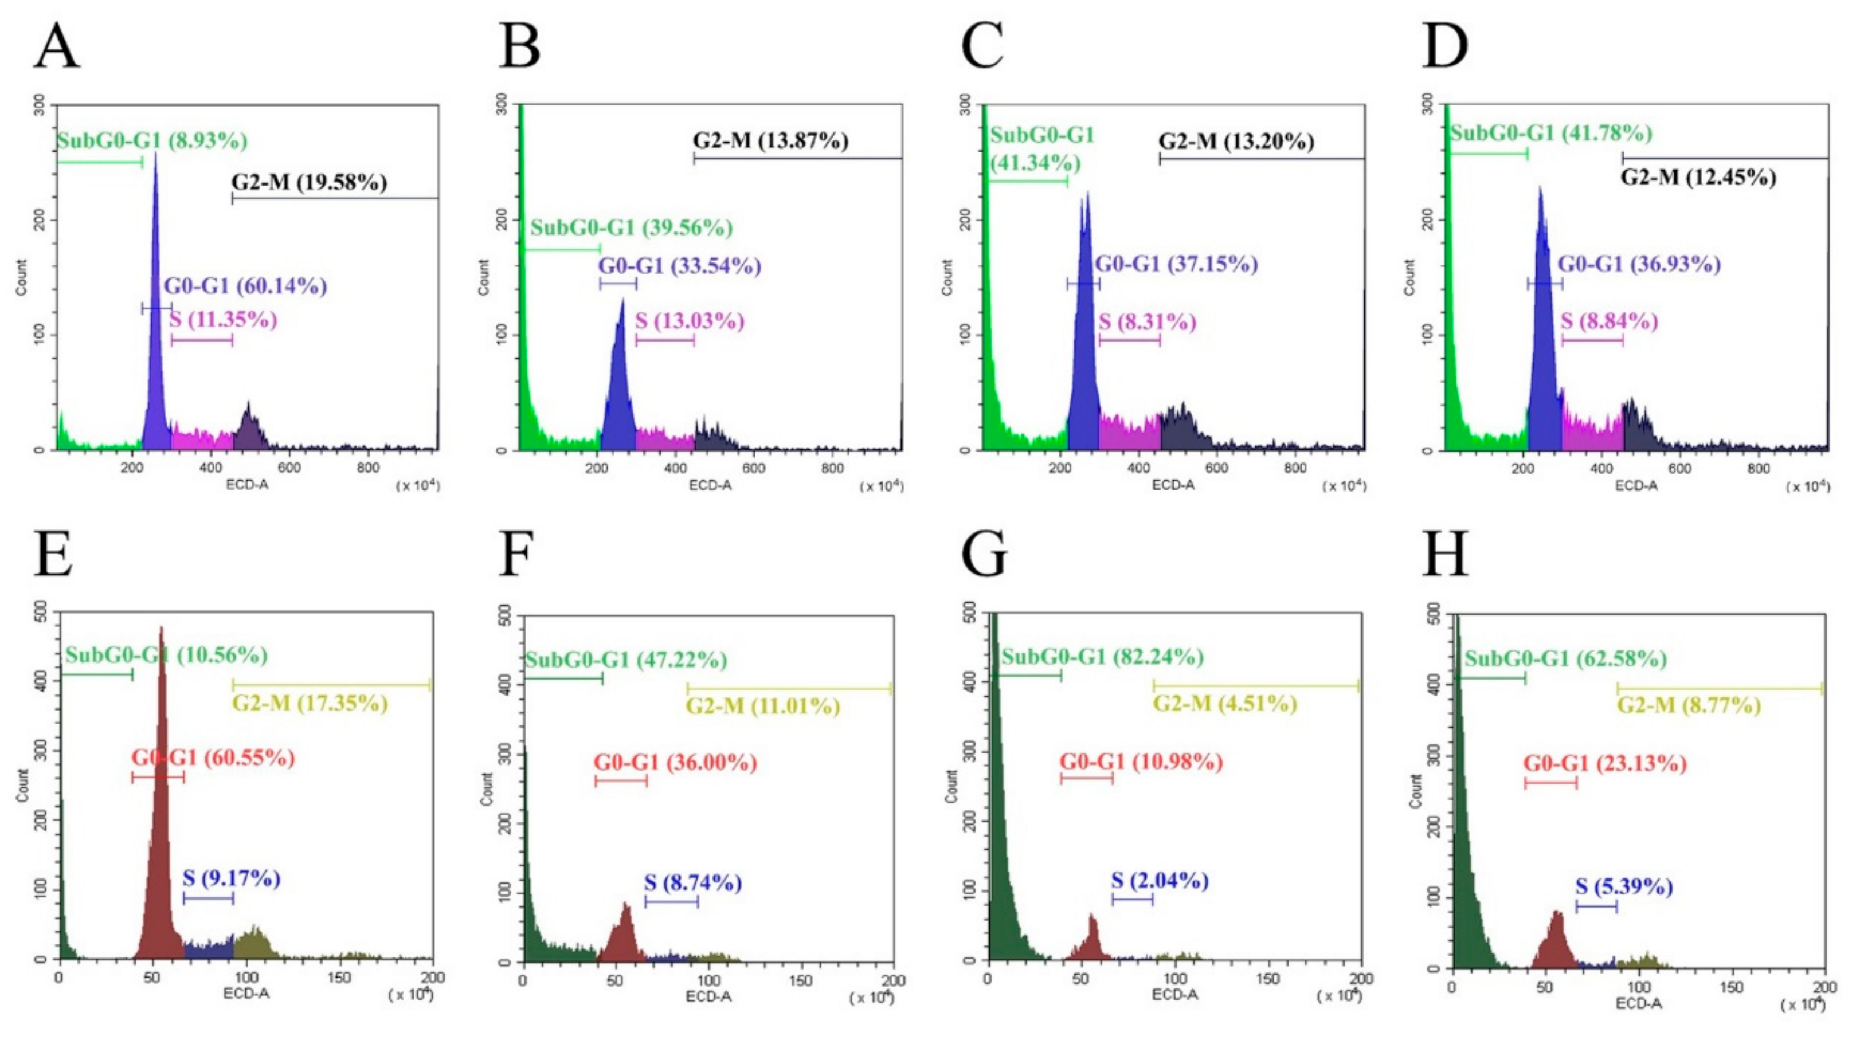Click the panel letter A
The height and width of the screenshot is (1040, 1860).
click(56, 46)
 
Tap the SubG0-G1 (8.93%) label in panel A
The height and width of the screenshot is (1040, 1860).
click(152, 140)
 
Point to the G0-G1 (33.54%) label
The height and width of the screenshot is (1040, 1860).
click(679, 266)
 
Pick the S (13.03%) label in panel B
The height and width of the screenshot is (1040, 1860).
click(690, 320)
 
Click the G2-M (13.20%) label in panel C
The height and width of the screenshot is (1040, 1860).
click(1236, 142)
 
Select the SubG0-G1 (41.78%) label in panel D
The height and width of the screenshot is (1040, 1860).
click(1551, 134)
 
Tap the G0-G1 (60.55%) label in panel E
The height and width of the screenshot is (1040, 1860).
click(213, 758)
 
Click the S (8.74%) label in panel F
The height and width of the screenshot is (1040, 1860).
click(693, 882)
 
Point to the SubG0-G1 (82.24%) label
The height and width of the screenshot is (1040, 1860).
click(1103, 657)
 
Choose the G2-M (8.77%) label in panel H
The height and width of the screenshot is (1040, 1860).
click(1688, 705)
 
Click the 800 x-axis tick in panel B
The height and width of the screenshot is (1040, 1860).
click(832, 468)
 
